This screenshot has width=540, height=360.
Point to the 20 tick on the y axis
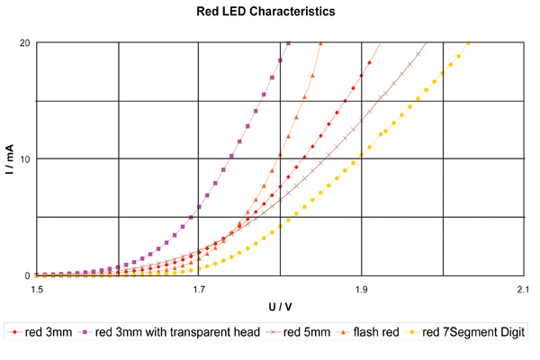[23, 43]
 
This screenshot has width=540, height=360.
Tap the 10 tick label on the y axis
[23, 159]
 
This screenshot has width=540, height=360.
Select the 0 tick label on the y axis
[26, 275]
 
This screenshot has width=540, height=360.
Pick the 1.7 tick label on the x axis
[200, 290]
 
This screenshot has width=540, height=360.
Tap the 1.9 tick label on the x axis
[362, 290]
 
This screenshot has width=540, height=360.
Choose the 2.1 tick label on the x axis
[523, 290]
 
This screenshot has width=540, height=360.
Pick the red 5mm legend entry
[301, 333]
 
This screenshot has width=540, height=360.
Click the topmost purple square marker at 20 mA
[288, 43]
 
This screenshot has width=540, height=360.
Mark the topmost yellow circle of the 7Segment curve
[467, 44]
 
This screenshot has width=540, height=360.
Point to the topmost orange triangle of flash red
[320, 43]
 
